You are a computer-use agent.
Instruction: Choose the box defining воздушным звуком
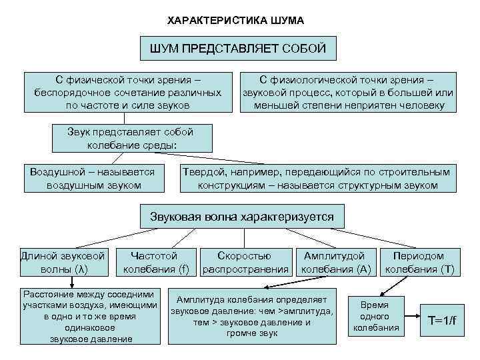(x=93, y=179)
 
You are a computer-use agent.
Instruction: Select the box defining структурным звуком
(x=317, y=179)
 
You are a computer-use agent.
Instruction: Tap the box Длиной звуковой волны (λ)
(x=63, y=262)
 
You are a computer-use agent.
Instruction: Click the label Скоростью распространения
(x=245, y=262)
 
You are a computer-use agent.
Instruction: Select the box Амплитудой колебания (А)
(x=335, y=262)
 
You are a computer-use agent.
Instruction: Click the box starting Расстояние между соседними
(x=91, y=317)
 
